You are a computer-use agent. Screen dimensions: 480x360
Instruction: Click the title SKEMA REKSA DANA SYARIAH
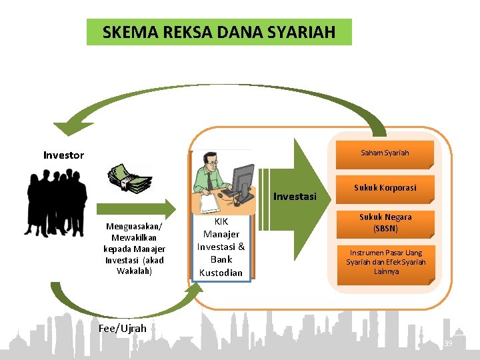(x=219, y=32)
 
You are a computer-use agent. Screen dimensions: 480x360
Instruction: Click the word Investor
(x=63, y=155)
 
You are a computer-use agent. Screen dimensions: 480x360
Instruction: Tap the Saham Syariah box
(x=385, y=153)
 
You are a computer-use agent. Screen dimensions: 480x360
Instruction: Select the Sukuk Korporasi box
(x=385, y=188)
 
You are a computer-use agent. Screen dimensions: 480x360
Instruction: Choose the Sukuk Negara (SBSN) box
(x=385, y=223)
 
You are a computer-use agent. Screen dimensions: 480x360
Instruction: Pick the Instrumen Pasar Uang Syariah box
(x=385, y=262)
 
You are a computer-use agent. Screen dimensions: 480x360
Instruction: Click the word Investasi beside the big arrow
(x=295, y=197)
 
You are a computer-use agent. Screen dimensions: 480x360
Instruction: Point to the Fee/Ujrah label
(x=122, y=328)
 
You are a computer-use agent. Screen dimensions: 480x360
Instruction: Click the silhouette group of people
(x=57, y=200)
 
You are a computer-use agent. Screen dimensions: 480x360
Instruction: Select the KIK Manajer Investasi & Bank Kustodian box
(x=221, y=247)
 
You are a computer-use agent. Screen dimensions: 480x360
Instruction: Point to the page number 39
(x=448, y=343)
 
